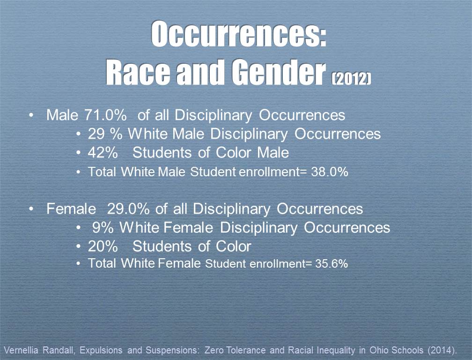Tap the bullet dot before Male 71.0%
pos(31,115)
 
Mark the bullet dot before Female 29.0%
pos(31,209)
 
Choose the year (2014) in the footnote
pos(442,350)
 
